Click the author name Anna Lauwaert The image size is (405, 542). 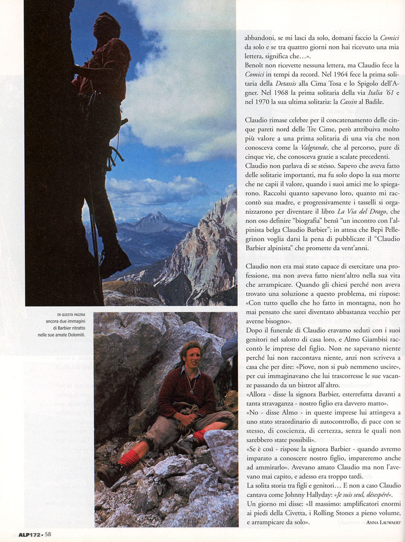tap(382, 523)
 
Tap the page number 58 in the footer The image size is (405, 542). tap(48, 534)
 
